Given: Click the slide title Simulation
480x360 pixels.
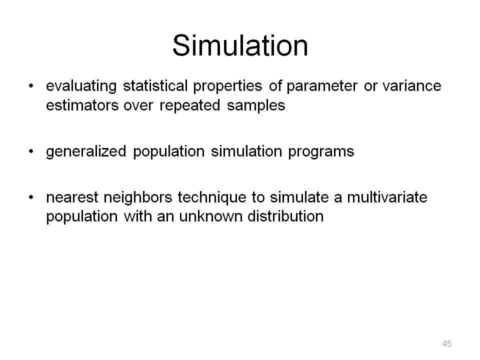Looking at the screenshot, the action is [240, 45].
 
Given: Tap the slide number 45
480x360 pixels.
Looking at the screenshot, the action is [446, 343].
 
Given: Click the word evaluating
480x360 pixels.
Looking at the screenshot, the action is [81, 86].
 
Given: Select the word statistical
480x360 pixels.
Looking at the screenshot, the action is [155, 85].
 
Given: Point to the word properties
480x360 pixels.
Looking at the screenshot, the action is [227, 86].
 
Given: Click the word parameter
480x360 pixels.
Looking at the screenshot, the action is [322, 86].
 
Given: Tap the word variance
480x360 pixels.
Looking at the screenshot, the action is [411, 85].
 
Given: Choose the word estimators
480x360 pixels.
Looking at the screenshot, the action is [82, 105].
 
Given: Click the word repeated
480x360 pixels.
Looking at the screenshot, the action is [190, 106].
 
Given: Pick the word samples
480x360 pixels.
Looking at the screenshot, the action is [256, 106].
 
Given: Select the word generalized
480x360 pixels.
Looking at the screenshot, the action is [86, 151].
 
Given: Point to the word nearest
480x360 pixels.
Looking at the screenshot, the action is [72, 197].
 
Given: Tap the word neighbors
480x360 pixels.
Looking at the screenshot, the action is [138, 198].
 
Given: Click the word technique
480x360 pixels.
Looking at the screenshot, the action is [212, 198].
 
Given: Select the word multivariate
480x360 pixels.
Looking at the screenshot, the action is [387, 197].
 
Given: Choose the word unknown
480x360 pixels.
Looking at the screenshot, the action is [210, 216].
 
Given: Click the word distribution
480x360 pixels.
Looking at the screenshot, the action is [285, 216].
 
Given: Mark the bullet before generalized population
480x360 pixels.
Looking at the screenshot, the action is [31, 151].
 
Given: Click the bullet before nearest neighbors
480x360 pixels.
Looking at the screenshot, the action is [31, 197].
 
